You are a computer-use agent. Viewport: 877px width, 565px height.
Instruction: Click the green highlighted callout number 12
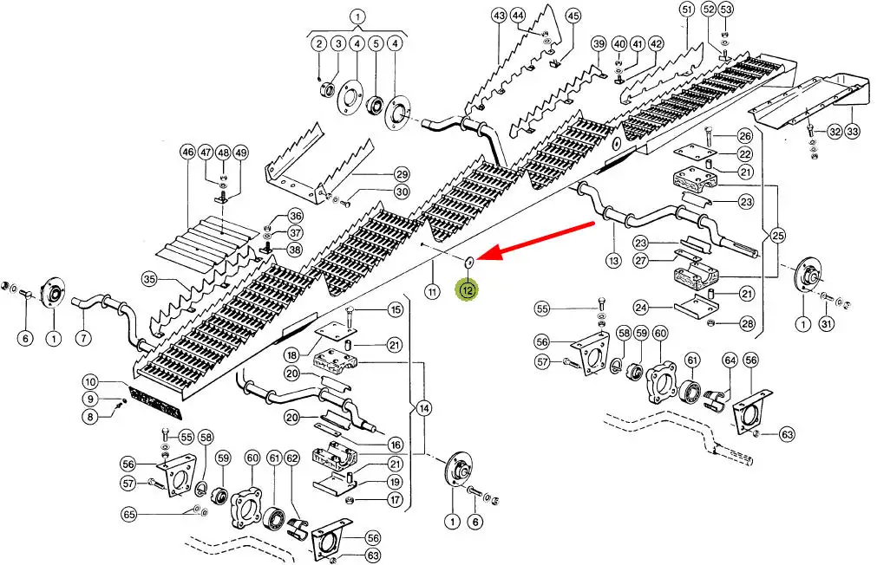[468, 290]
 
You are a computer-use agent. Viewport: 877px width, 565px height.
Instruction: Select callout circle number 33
[854, 132]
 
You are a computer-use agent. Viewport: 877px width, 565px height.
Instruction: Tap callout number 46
[187, 153]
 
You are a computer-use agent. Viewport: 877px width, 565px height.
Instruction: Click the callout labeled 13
[614, 260]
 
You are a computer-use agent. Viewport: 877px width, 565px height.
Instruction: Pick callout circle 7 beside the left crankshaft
[83, 337]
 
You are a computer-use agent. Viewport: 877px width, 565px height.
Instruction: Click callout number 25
[778, 236]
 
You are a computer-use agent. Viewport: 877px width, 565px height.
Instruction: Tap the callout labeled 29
[401, 173]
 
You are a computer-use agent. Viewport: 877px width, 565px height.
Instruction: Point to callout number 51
[687, 10]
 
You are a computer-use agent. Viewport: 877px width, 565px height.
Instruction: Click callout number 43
[498, 16]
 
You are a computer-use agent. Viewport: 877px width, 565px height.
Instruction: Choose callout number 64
[730, 360]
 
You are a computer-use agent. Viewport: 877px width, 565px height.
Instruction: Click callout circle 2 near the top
[318, 43]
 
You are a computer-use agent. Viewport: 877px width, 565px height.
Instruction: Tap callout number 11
[430, 290]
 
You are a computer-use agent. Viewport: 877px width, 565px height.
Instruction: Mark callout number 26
[744, 136]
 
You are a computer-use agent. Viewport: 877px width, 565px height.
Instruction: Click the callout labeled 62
[292, 457]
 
